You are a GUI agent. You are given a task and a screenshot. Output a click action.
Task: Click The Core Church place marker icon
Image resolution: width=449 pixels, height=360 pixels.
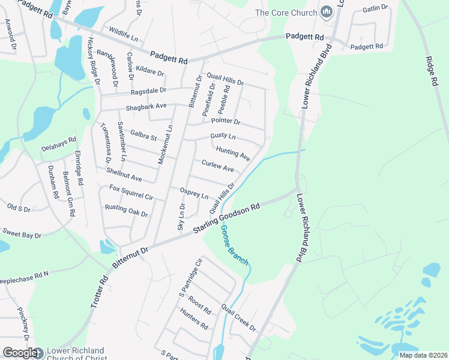click(327, 12)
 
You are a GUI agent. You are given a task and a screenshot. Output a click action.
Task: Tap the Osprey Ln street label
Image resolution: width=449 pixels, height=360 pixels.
click(193, 193)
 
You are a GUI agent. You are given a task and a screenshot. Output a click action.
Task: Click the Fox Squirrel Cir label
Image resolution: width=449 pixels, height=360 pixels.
click(131, 192)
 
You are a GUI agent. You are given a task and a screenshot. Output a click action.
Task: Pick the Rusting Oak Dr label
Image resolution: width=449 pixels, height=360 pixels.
click(126, 210)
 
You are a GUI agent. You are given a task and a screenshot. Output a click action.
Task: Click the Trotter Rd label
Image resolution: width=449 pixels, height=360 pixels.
click(99, 292)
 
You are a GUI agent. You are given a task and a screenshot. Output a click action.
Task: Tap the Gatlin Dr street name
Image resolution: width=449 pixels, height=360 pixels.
click(375, 8)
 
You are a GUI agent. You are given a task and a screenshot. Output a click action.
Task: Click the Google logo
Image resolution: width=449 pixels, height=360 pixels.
click(20, 353)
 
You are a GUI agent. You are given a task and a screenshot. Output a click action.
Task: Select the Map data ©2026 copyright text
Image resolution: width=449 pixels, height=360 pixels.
click(423, 355)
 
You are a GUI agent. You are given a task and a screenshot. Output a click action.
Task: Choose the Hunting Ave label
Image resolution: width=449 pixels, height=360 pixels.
click(233, 154)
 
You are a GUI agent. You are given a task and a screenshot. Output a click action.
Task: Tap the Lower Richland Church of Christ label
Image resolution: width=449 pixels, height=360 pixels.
click(76, 355)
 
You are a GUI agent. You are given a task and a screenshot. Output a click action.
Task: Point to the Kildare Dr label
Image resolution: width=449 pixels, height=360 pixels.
click(150, 71)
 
